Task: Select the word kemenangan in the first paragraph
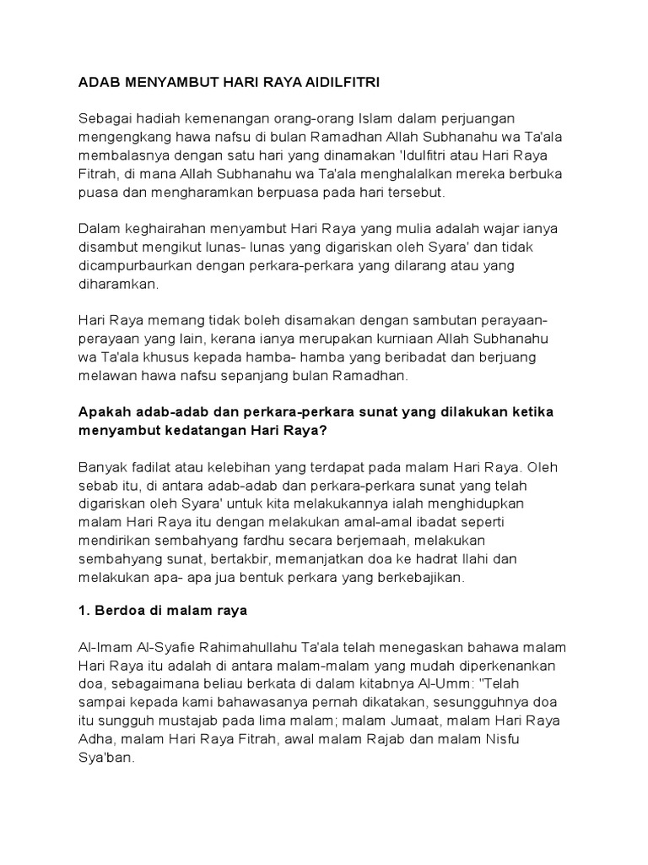229,116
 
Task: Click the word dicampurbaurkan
135,267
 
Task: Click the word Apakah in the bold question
104,411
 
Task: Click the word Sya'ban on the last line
105,760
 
